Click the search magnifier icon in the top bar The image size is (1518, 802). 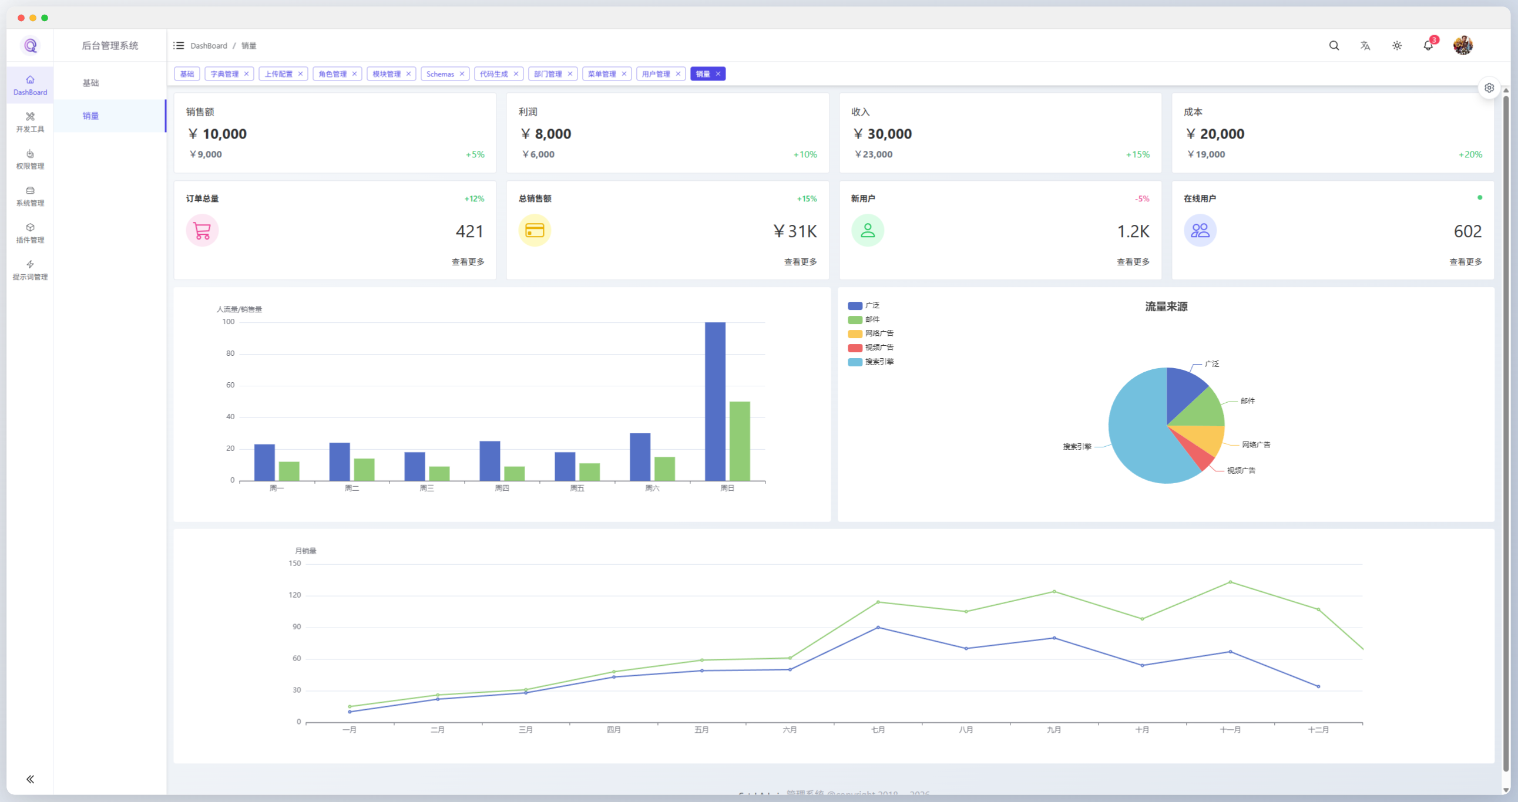pos(1334,45)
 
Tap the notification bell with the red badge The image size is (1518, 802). pos(1428,45)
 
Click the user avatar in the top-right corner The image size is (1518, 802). pos(1463,45)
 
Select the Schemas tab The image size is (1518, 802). pos(440,74)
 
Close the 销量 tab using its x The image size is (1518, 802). pos(718,74)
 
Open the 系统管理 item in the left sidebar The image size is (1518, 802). pos(30,196)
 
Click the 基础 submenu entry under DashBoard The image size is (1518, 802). pos(90,83)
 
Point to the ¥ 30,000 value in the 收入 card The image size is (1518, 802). pos(882,134)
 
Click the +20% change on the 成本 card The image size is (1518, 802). pos(1470,154)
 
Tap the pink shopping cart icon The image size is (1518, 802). pos(202,230)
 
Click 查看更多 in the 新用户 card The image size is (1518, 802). pos(1133,262)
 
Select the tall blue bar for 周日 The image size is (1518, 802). pos(715,400)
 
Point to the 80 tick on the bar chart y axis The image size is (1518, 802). pos(230,353)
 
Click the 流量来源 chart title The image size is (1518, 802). pos(1166,307)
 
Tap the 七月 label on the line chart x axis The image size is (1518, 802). pos(878,730)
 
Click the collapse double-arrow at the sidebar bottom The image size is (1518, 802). pos(30,779)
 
